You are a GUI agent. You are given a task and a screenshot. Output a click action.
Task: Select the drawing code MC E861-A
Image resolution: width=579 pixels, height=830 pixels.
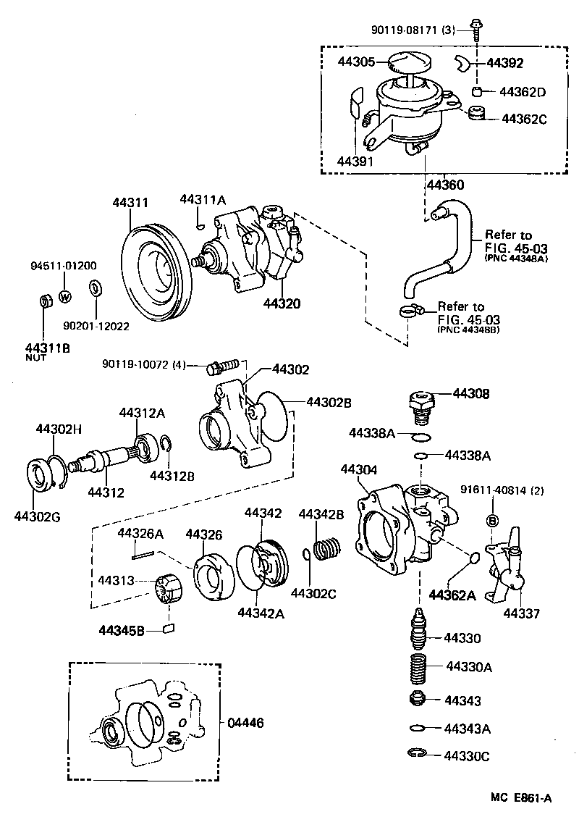[521, 798]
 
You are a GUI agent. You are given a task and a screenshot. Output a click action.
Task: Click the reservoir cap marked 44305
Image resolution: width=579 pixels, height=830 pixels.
[410, 62]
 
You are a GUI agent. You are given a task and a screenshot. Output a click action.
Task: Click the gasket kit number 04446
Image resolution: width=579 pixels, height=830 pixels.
[246, 722]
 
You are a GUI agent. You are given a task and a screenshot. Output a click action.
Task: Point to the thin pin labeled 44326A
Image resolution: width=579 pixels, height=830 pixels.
[142, 556]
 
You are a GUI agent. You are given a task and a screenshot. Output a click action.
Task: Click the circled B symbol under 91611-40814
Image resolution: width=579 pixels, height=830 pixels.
[492, 521]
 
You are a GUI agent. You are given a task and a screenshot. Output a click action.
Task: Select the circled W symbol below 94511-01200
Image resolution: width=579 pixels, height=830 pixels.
[64, 296]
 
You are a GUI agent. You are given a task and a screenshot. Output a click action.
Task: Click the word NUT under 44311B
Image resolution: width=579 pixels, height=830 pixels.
[35, 358]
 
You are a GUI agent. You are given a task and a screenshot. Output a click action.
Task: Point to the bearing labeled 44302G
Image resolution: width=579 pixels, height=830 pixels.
[41, 476]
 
